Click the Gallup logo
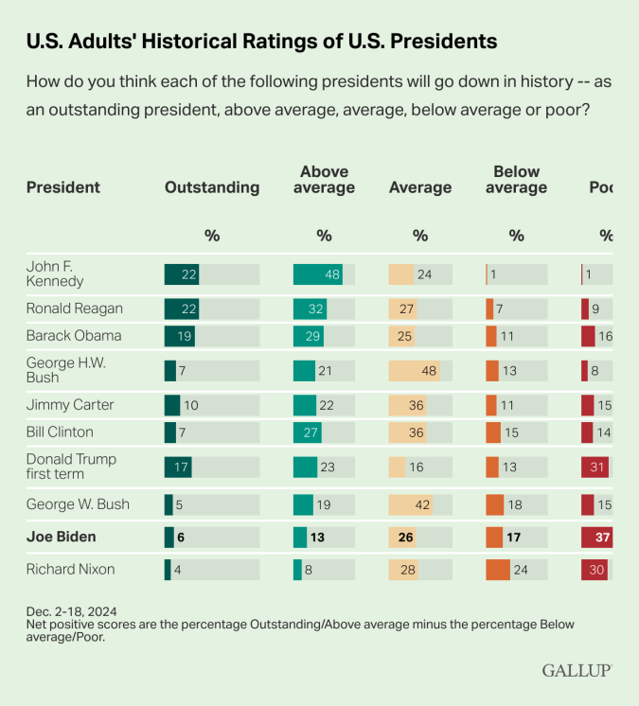pos(577,670)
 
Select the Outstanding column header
pos(212,187)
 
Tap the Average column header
pos(420,187)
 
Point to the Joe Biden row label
pos(62,537)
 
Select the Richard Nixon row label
pos(71,569)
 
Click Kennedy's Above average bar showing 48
pos(317,274)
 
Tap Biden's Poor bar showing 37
pos(596,537)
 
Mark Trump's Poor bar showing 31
pos(595,467)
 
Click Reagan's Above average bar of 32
pos(310,309)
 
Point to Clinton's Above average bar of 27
pos(308,432)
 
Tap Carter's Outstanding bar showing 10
pos(172,404)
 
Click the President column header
pos(63,187)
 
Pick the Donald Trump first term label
pos(72,467)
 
